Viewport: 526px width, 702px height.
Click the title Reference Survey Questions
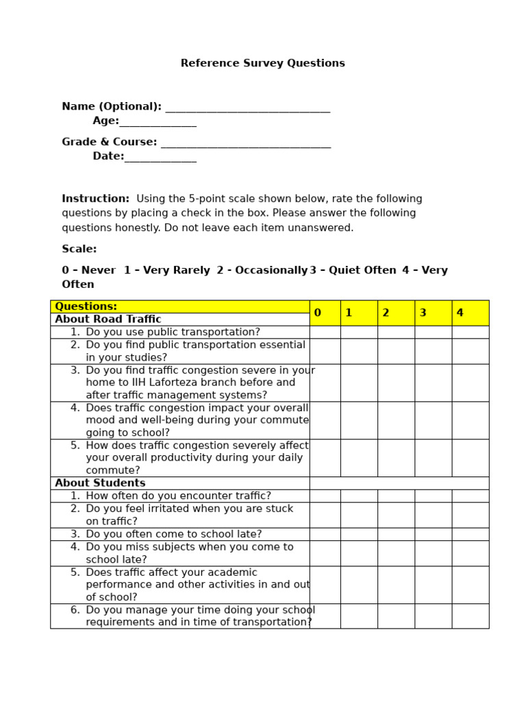click(x=262, y=63)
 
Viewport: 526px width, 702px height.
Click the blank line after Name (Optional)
click(x=247, y=108)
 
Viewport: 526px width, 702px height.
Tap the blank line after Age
click(x=158, y=123)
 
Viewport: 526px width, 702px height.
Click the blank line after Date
click(x=160, y=158)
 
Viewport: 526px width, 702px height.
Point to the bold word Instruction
click(x=95, y=199)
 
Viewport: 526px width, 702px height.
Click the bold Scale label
click(x=79, y=249)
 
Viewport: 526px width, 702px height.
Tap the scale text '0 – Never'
click(x=88, y=270)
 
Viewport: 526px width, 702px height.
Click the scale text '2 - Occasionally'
click(x=262, y=270)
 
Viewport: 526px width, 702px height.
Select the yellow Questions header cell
click(x=179, y=306)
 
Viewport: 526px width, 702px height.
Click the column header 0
click(x=325, y=313)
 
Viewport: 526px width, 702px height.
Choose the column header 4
click(x=470, y=313)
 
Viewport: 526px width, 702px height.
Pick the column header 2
click(x=395, y=313)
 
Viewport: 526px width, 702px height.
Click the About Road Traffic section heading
click(x=108, y=319)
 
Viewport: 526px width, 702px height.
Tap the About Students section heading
click(x=100, y=483)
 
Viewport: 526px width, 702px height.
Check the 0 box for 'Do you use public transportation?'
click(x=325, y=332)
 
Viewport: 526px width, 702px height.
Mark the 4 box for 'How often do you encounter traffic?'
click(x=470, y=496)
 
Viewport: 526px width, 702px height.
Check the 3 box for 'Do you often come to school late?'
click(x=433, y=534)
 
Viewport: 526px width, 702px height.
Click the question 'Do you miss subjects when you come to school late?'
click(x=189, y=553)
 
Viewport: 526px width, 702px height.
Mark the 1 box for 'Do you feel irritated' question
click(x=358, y=515)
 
